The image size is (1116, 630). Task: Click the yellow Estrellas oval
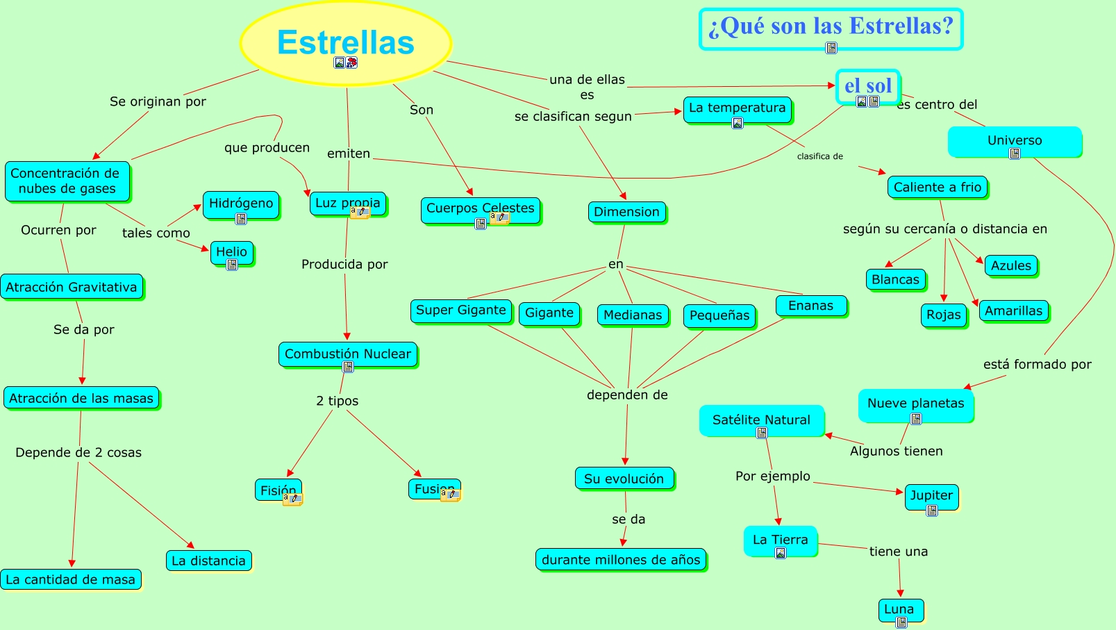(x=345, y=42)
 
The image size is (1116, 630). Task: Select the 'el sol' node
(x=868, y=85)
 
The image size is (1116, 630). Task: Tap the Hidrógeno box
(x=241, y=204)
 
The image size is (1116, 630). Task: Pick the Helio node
(x=231, y=252)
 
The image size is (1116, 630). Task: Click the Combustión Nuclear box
(x=347, y=354)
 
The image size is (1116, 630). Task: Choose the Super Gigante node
(x=460, y=310)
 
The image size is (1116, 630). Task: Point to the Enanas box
(x=810, y=306)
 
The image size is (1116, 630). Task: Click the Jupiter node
(x=931, y=495)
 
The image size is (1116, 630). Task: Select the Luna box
(x=899, y=609)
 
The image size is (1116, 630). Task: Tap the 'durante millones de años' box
(x=621, y=560)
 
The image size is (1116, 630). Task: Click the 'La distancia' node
(x=208, y=561)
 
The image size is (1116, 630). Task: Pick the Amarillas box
(x=1013, y=310)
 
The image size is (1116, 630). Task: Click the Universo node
(x=1015, y=140)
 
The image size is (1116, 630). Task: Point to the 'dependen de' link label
(x=627, y=395)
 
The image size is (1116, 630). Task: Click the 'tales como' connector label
(x=156, y=233)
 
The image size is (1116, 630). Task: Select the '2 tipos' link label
(x=338, y=401)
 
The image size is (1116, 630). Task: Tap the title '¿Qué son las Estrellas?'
(x=831, y=26)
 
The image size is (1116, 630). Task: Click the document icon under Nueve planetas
(x=916, y=419)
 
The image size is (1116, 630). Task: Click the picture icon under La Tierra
(x=781, y=553)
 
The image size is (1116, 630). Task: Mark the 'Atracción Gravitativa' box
(x=72, y=287)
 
